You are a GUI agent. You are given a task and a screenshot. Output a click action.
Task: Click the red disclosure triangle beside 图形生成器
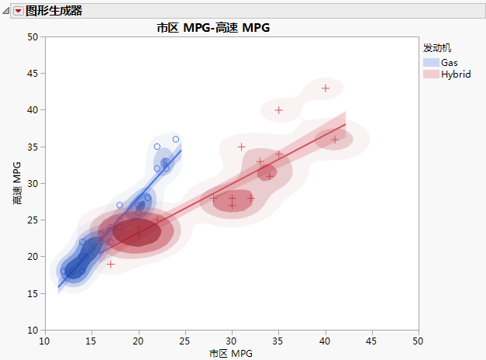click(18, 11)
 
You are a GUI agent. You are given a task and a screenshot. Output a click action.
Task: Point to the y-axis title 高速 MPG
click(16, 183)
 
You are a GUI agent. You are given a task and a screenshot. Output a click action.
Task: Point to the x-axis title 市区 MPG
click(231, 354)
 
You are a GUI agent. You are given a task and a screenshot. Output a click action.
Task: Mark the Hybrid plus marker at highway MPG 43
click(326, 88)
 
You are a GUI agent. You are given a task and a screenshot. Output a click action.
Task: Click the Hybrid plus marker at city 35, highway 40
click(279, 110)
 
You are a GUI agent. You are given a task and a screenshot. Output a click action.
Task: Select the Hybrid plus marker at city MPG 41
click(335, 140)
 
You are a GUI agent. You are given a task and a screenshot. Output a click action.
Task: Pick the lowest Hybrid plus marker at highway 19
click(111, 265)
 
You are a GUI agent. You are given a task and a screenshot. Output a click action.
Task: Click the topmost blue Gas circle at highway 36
click(176, 140)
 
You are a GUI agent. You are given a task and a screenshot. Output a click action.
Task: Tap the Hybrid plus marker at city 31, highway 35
click(241, 147)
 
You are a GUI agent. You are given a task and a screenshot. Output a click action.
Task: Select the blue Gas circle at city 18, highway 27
click(119, 206)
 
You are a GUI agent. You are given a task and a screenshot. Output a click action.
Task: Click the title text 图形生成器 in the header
click(53, 11)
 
